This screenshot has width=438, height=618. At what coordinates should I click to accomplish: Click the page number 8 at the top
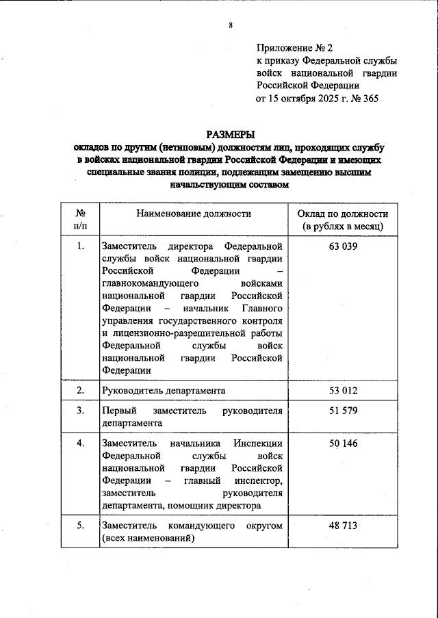click(x=231, y=26)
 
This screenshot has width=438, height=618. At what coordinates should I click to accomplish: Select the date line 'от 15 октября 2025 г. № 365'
click(x=317, y=98)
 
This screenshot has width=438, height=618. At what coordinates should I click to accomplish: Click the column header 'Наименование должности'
click(x=194, y=214)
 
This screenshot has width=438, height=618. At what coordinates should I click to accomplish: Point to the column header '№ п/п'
click(x=80, y=220)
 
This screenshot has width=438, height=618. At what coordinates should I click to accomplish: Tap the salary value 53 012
click(x=343, y=391)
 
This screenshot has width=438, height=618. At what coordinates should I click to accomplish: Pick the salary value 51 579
click(x=343, y=411)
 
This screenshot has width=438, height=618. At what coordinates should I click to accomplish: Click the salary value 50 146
click(x=343, y=443)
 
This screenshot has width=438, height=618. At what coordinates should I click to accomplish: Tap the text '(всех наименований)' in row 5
click(x=146, y=539)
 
